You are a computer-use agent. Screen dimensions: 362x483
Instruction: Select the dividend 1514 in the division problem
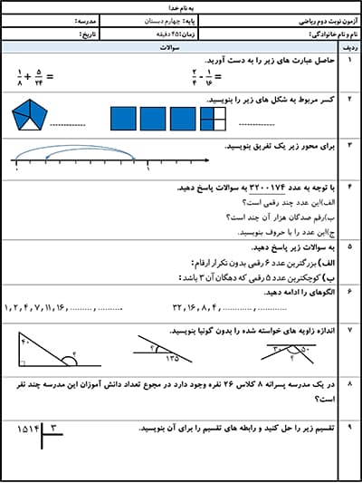click(29, 427)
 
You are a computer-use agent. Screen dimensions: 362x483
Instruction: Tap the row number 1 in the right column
click(349, 60)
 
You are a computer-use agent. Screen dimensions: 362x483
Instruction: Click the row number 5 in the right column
click(349, 246)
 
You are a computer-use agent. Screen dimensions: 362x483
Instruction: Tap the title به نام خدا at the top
click(181, 7)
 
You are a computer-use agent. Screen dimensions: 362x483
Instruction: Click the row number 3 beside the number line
click(349, 143)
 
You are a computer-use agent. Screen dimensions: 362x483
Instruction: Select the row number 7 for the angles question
click(349, 332)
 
